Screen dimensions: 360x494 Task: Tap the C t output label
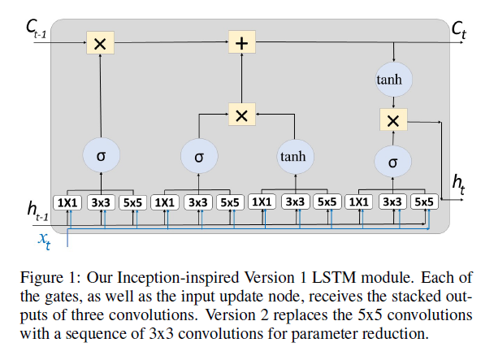click(461, 32)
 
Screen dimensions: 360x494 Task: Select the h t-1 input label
click(37, 215)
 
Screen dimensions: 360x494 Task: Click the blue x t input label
click(45, 238)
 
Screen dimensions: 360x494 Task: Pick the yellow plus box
click(240, 42)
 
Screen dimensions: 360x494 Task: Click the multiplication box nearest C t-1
click(100, 43)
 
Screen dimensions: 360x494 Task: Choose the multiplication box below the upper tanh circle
click(393, 120)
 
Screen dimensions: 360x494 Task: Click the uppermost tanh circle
click(393, 80)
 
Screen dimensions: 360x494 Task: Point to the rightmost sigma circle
click(393, 162)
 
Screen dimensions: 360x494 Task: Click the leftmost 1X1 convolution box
click(67, 202)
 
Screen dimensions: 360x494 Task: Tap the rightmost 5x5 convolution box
click(423, 202)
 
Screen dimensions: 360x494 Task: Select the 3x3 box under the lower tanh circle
click(294, 202)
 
